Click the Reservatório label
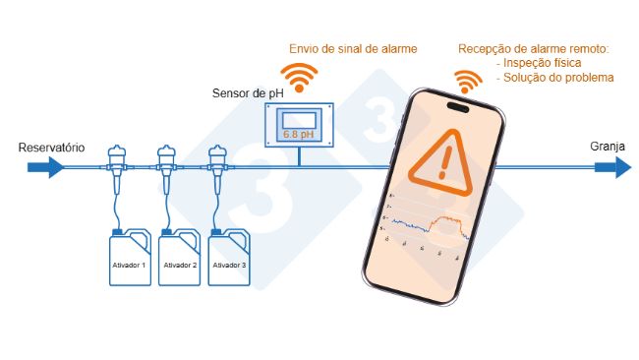tap(51, 148)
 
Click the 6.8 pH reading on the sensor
tap(298, 132)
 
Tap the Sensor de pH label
tap(247, 93)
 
